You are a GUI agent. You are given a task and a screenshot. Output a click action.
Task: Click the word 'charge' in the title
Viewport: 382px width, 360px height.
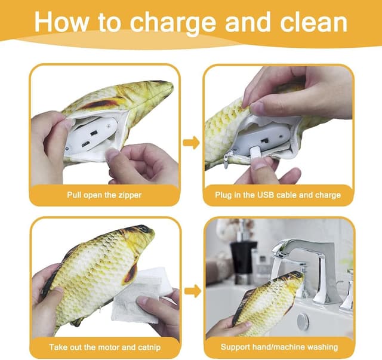pyautogui.click(x=172, y=23)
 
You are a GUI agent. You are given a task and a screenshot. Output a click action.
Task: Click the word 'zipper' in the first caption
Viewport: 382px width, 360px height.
pyautogui.click(x=130, y=195)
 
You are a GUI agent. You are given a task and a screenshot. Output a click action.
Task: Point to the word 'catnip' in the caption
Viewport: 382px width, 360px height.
pyautogui.click(x=149, y=347)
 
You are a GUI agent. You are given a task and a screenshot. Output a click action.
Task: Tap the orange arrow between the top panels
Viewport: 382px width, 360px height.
pyautogui.click(x=191, y=143)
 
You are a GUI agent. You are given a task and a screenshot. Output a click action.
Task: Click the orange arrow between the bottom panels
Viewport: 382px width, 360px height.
pyautogui.click(x=193, y=291)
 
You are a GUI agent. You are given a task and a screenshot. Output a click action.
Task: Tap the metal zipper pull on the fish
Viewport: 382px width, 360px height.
pyautogui.click(x=226, y=160)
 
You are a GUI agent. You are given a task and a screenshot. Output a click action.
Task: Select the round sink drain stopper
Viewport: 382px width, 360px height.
pyautogui.click(x=303, y=320)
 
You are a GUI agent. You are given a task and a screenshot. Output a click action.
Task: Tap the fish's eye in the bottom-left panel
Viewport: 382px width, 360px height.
pyautogui.click(x=144, y=229)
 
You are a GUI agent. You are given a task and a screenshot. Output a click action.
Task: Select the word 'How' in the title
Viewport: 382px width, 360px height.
pyautogui.click(x=61, y=22)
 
